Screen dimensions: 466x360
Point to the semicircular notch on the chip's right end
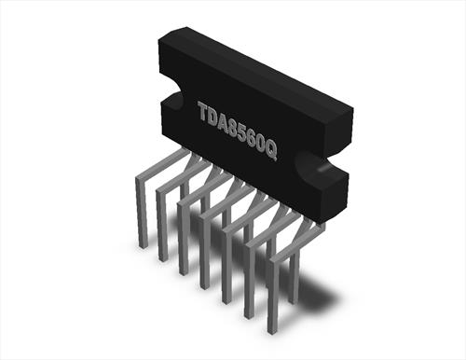click(310, 163)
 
